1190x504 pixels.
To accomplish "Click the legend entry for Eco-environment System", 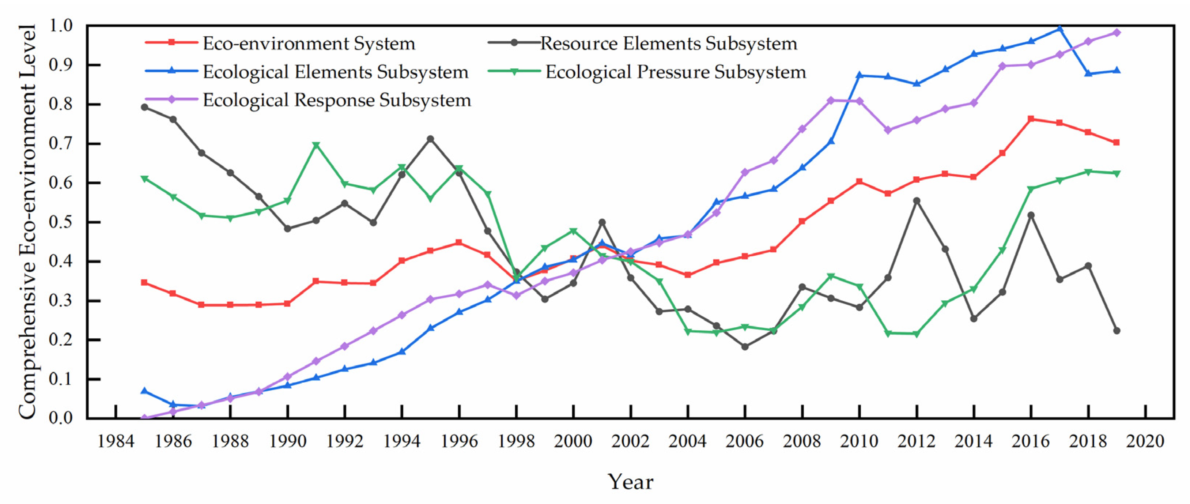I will tap(309, 44).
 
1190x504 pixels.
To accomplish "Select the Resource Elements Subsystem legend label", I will tap(668, 44).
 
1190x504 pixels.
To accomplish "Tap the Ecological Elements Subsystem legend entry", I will tap(335, 72).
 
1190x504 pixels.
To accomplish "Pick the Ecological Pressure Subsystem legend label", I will tap(675, 72).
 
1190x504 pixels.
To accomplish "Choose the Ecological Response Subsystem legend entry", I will tap(337, 100).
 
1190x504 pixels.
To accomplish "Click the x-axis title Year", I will tap(630, 482).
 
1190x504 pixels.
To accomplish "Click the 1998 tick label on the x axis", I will tap(516, 441).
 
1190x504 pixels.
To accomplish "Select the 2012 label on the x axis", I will tap(916, 441).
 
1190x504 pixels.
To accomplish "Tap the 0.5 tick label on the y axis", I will tap(61, 222).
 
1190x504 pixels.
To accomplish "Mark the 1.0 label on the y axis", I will tap(61, 26).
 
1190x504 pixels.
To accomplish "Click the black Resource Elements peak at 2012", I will tap(917, 201).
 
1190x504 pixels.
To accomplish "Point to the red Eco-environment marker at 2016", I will tap(1031, 119).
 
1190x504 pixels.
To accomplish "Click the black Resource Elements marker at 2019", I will tap(1117, 331).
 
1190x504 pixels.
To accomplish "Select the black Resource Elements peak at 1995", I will tap(430, 139).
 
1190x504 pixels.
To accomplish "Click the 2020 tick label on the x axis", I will tap(1145, 441).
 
